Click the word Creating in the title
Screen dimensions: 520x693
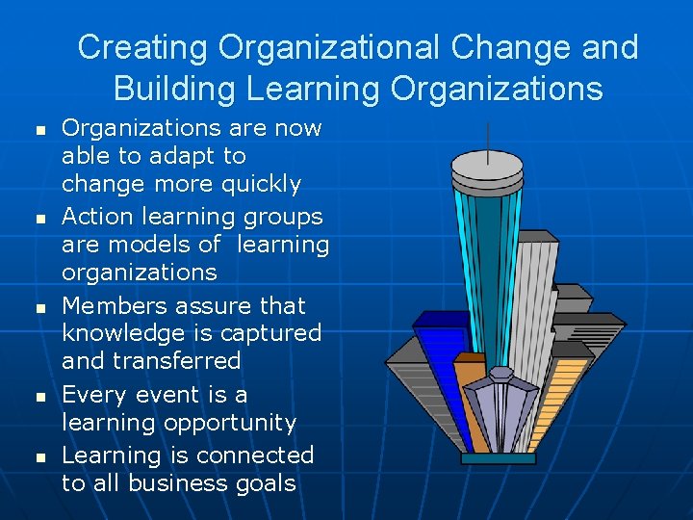point(144,47)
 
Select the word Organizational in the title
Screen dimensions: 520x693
point(323,47)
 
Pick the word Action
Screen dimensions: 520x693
point(96,217)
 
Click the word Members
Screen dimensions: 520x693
point(109,305)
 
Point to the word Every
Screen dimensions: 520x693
point(93,395)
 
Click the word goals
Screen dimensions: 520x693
point(263,484)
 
